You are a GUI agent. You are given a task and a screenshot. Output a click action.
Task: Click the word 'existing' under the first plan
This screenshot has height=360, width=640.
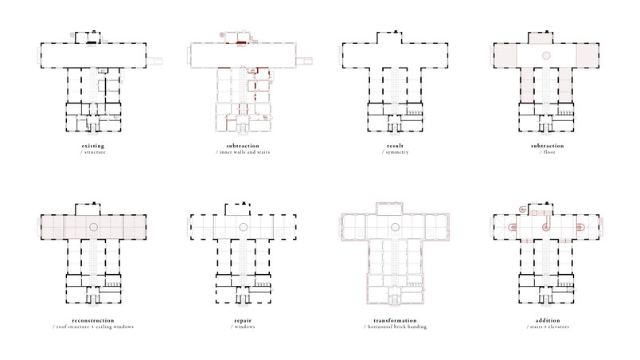[93, 146]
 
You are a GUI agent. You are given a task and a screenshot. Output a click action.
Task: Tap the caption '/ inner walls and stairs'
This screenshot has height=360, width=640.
[243, 152]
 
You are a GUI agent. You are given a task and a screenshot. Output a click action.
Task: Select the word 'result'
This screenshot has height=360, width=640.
[395, 146]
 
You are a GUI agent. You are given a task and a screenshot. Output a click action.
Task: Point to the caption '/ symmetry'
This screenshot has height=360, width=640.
[395, 152]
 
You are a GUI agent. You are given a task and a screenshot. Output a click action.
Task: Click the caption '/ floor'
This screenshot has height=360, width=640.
[548, 152]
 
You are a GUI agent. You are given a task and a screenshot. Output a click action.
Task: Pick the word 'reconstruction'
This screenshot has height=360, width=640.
[93, 320]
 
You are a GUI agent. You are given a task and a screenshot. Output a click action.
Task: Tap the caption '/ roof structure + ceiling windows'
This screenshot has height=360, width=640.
[93, 327]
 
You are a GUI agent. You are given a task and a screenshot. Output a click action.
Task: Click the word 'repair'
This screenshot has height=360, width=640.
[243, 320]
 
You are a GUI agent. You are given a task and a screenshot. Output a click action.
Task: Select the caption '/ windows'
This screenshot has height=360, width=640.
[243, 327]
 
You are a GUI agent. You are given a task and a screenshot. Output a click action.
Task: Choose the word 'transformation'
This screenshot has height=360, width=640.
[395, 320]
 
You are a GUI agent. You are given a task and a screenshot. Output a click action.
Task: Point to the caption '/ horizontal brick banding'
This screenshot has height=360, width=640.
[395, 327]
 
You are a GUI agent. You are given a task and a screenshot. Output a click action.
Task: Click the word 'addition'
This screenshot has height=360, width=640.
[548, 320]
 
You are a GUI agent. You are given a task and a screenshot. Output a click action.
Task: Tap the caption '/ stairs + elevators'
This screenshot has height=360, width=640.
[548, 327]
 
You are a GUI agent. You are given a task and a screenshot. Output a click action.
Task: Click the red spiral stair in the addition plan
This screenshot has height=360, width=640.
[522, 209]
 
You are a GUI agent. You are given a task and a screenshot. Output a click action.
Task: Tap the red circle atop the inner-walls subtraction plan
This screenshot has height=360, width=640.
[222, 35]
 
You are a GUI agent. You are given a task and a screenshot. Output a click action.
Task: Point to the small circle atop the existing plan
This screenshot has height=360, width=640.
[72, 35]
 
